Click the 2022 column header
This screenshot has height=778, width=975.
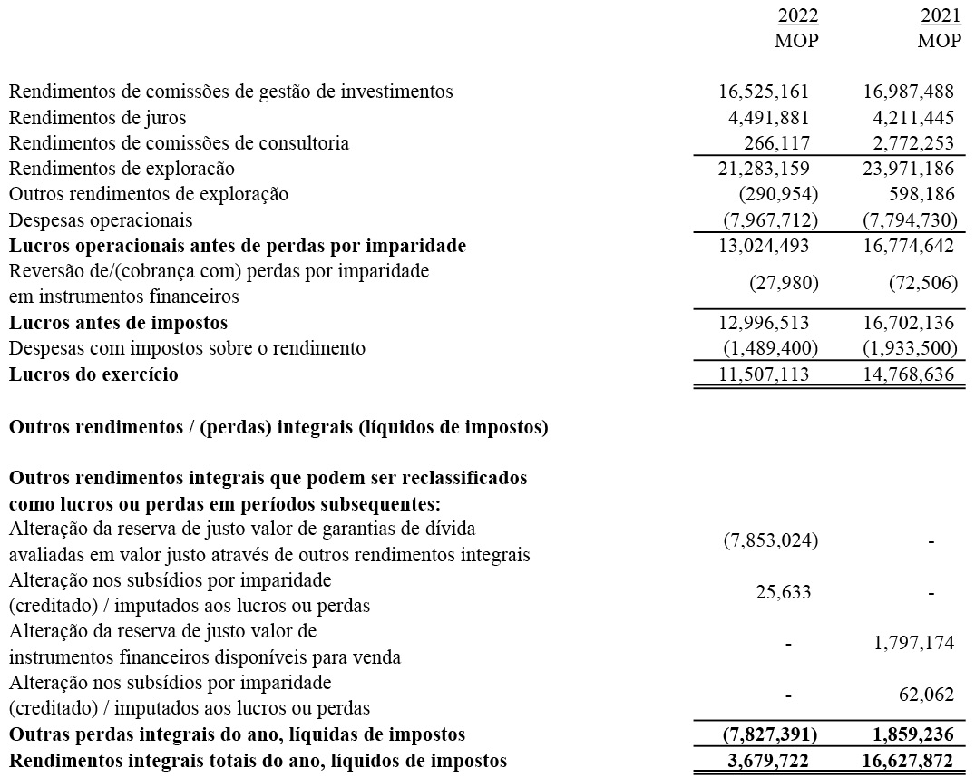point(798,16)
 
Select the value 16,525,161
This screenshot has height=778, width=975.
point(764,92)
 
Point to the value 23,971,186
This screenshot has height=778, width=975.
point(905,169)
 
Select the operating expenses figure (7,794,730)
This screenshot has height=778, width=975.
point(905,220)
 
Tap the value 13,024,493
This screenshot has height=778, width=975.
point(764,246)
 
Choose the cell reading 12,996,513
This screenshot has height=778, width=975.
point(764,323)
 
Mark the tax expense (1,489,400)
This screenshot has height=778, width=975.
point(770,348)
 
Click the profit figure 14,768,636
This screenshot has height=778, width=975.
point(905,374)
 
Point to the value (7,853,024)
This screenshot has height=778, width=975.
point(770,541)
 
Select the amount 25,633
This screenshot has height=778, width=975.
point(783,592)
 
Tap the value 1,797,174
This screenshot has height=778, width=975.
point(911,643)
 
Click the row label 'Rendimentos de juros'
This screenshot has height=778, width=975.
point(98,117)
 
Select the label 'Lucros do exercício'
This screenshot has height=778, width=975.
point(93,374)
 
